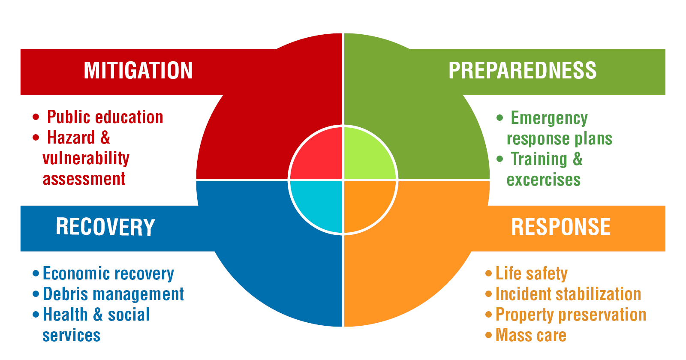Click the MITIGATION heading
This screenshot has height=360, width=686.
tap(138, 71)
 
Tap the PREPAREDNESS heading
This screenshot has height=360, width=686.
tap(522, 71)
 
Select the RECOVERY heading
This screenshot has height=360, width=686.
tap(105, 227)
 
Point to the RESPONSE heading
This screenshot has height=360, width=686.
tap(561, 227)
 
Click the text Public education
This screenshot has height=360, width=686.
tap(105, 117)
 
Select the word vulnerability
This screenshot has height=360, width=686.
tap(86, 158)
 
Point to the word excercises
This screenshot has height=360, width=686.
tap(544, 180)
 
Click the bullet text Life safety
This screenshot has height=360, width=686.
tap(532, 273)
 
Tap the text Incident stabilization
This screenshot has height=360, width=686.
tap(568, 294)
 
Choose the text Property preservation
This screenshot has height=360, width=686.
tap(571, 315)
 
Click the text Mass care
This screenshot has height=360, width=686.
tap(531, 335)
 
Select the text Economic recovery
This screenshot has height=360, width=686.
tap(108, 273)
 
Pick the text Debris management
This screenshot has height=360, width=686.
tap(114, 294)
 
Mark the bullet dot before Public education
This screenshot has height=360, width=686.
tap(36, 117)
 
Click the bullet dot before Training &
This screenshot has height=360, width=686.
tap(499, 159)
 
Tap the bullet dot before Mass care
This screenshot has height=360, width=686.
tap(488, 335)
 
